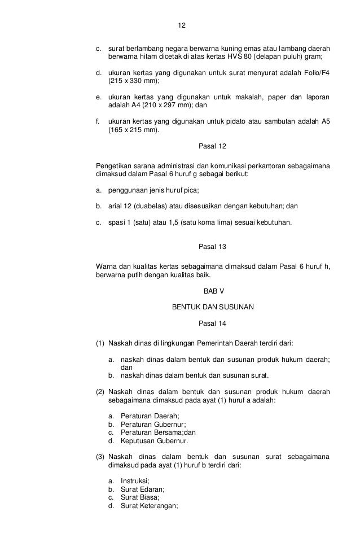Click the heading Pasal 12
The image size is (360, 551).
coord(213,146)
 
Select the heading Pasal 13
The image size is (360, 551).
coord(213,247)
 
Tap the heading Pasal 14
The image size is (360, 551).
coord(213,323)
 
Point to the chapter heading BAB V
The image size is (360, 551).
coord(213,292)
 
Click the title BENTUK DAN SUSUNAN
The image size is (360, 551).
coord(213,308)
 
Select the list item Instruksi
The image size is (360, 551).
coord(135,482)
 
